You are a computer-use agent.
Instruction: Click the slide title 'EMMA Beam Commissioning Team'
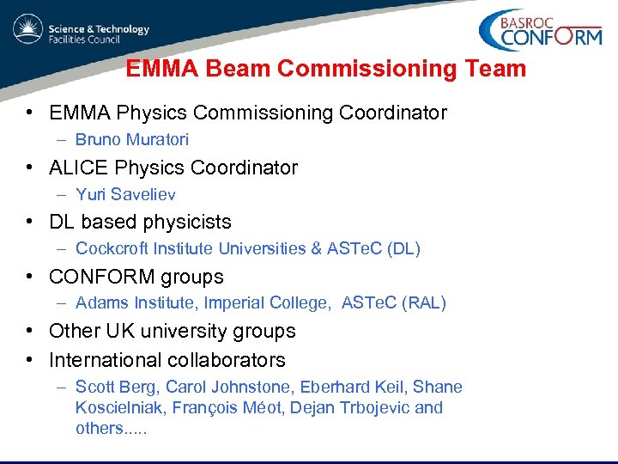(x=325, y=69)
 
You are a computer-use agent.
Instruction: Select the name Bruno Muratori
(x=131, y=139)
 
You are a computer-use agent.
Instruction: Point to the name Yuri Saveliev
(x=125, y=194)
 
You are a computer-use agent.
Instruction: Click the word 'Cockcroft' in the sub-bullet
(x=112, y=248)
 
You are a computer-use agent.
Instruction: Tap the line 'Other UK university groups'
(x=172, y=331)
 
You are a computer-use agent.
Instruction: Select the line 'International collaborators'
(x=167, y=360)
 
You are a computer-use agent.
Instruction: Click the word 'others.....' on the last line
(x=111, y=428)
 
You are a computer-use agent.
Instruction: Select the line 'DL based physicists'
(x=140, y=222)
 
